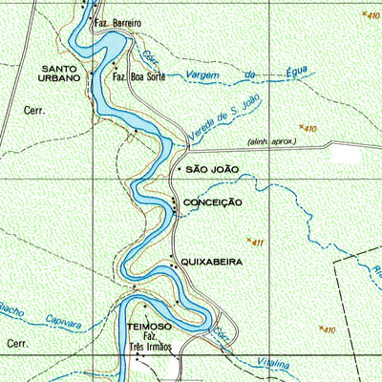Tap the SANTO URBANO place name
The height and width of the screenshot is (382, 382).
(x=66, y=73)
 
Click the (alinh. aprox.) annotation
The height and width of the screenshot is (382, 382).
(x=272, y=141)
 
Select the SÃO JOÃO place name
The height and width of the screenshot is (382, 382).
(x=213, y=169)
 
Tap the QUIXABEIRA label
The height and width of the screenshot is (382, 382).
(x=212, y=261)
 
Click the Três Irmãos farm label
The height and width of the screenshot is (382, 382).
(x=150, y=348)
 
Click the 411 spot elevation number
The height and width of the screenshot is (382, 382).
(x=258, y=244)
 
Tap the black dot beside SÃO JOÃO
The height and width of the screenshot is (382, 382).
(x=178, y=169)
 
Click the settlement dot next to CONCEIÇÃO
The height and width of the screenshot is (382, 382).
(x=174, y=202)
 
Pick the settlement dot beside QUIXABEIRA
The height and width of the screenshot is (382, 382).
(x=172, y=260)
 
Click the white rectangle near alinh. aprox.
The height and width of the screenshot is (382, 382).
(x=351, y=153)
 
